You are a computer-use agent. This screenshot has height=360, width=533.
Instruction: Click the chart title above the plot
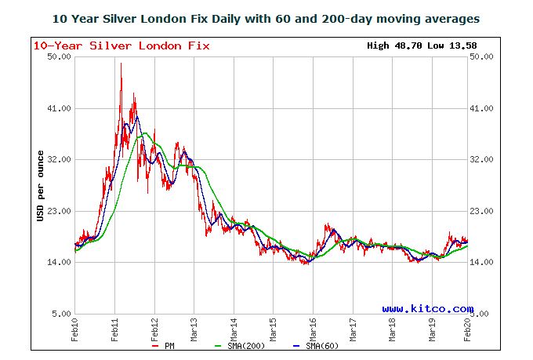(266, 17)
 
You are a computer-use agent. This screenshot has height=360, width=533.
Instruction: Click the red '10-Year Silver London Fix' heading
(121, 45)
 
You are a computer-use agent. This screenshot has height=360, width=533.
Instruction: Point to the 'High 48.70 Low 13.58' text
(417, 45)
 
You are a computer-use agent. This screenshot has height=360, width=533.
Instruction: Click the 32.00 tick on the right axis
(481, 160)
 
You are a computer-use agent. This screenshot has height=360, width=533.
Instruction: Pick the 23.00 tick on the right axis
(481, 211)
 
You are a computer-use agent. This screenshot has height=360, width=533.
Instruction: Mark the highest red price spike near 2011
(121, 65)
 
